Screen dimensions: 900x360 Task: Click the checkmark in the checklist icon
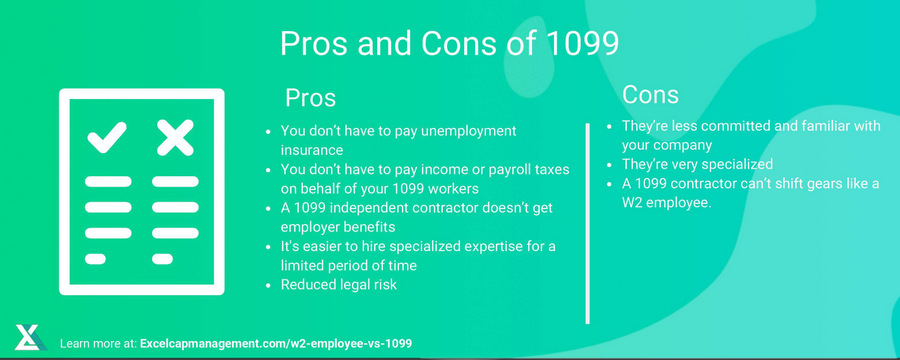tap(107, 138)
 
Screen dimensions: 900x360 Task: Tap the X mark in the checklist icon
tap(175, 138)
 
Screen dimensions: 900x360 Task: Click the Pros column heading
tap(311, 98)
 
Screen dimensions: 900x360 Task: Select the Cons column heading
tap(650, 95)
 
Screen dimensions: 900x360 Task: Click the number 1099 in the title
tap(582, 43)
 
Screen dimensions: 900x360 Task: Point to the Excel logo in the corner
tap(31, 338)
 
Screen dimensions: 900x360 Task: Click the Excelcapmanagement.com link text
tap(276, 344)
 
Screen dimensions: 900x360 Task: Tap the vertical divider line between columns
tap(587, 223)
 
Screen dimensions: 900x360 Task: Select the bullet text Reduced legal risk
tap(339, 284)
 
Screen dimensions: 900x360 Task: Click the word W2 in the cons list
tap(632, 203)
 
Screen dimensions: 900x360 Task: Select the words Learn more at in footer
tap(98, 344)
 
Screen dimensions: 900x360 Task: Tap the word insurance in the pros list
tap(312, 150)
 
